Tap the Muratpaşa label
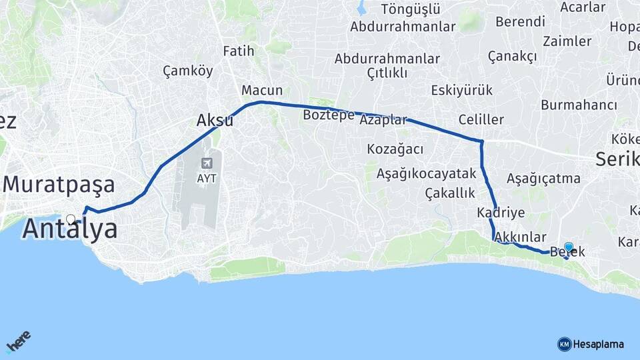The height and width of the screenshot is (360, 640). click(59, 185)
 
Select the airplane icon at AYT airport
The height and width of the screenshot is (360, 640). click(206, 164)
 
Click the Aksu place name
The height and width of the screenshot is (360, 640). click(215, 121)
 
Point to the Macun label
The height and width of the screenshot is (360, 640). click(262, 91)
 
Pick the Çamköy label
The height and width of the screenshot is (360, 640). click(188, 71)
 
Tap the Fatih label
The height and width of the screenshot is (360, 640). click(239, 51)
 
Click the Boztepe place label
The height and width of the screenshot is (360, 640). click(329, 115)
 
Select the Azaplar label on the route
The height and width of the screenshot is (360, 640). click(383, 121)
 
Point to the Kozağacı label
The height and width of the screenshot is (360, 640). click(395, 149)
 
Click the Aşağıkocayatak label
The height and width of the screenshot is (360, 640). click(427, 174)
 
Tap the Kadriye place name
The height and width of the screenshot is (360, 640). click(501, 213)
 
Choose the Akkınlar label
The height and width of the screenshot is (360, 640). click(520, 237)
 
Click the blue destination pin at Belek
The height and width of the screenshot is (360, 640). click(569, 247)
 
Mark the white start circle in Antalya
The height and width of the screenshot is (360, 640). click(71, 219)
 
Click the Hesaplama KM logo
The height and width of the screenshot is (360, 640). click(591, 344)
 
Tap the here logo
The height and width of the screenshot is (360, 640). click(18, 341)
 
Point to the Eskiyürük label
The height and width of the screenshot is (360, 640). click(461, 90)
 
